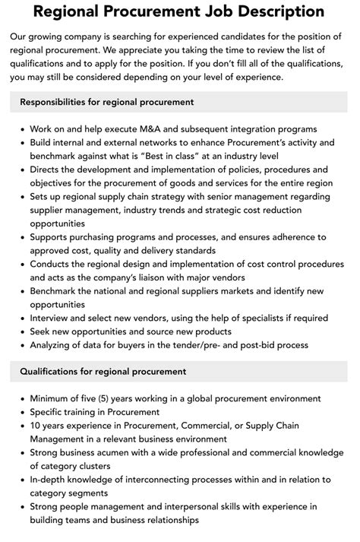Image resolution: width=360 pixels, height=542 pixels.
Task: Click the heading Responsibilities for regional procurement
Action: click(107, 102)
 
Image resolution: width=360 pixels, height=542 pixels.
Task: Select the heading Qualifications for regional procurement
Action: click(103, 372)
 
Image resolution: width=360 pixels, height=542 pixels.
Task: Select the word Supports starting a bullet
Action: click(52, 237)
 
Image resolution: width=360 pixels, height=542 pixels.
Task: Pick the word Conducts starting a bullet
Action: click(52, 264)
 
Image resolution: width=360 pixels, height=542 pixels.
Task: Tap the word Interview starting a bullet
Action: click(52, 318)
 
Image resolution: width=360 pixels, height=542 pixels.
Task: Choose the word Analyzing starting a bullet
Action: click(54, 345)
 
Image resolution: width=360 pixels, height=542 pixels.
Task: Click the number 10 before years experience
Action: click(36, 426)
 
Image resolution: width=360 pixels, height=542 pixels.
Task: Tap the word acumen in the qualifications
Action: click(114, 452)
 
